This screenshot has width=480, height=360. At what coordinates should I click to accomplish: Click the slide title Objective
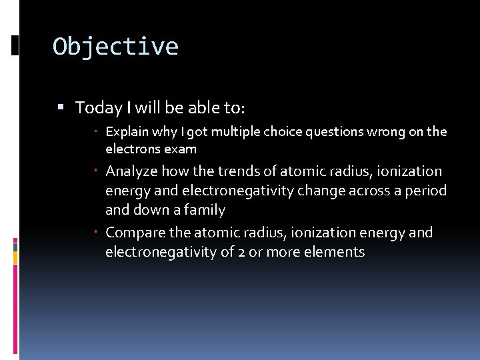pyautogui.click(x=115, y=47)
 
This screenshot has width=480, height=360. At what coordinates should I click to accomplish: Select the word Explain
pyautogui.click(x=127, y=132)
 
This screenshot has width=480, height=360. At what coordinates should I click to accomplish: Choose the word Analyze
pyautogui.click(x=131, y=171)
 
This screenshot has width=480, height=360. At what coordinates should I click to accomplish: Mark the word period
pyautogui.click(x=424, y=191)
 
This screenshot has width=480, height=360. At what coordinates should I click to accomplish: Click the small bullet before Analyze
pyautogui.click(x=97, y=171)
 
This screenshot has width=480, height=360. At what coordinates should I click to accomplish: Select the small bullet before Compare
pyautogui.click(x=97, y=233)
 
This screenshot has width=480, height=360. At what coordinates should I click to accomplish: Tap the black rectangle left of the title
pyautogui.click(x=15, y=45)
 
